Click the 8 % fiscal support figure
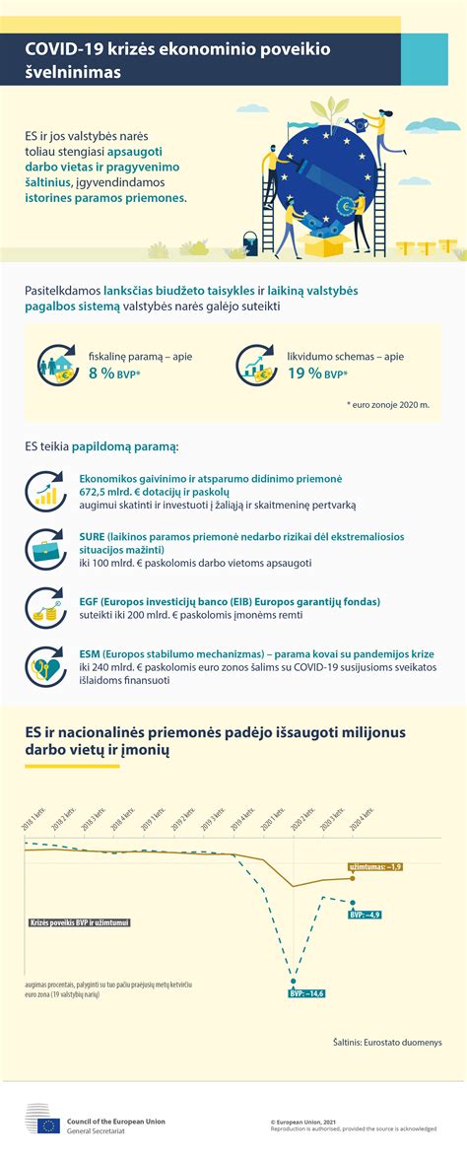(x=101, y=374)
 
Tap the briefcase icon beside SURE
(x=45, y=548)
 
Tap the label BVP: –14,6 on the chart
(x=306, y=992)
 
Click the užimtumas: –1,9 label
(x=375, y=866)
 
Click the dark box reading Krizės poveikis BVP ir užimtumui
(x=80, y=923)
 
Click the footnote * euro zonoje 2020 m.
(x=387, y=404)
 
